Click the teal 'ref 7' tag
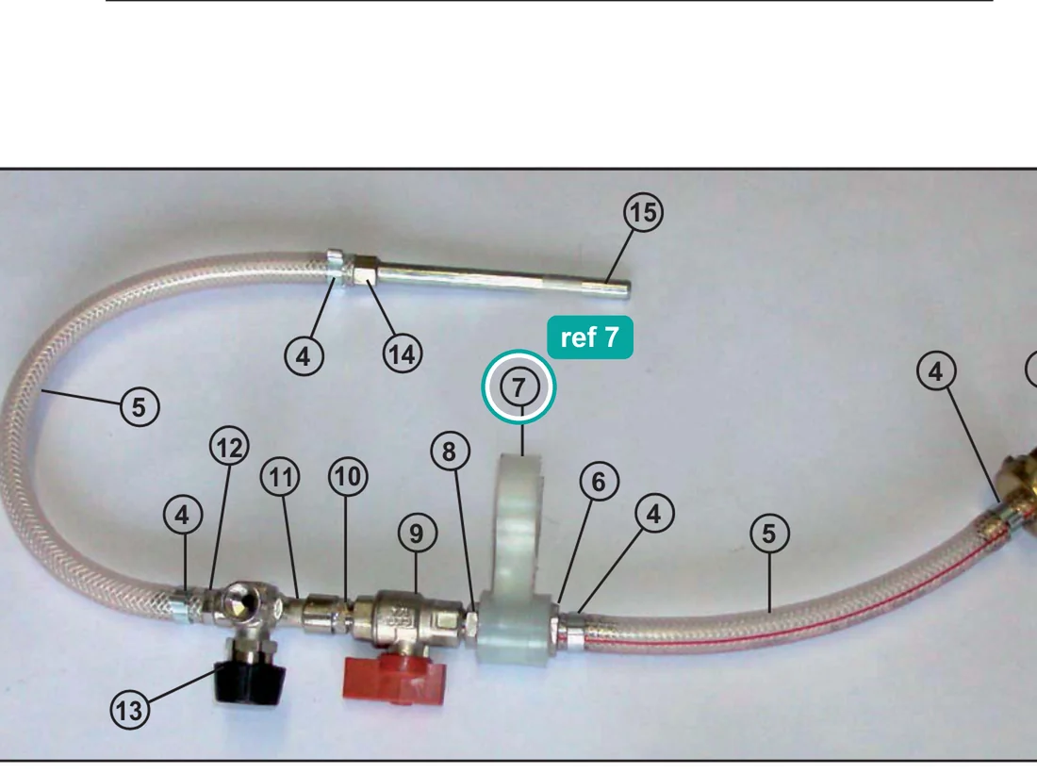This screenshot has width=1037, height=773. (590, 337)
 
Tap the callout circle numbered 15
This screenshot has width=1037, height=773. (643, 213)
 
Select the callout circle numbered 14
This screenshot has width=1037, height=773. (403, 354)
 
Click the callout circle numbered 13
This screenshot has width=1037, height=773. (130, 710)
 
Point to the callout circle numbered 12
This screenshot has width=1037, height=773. (229, 448)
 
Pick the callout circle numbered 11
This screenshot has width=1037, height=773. (280, 477)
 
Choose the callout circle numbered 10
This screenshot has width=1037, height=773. (349, 476)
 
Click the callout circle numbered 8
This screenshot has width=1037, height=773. (450, 452)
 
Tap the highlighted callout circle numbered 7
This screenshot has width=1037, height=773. (519, 386)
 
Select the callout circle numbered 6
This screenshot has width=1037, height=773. (600, 482)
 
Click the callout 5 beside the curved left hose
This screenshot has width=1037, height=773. (140, 406)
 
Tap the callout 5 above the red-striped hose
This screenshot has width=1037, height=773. (770, 533)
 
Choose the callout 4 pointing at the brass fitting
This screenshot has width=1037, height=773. (936, 371)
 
